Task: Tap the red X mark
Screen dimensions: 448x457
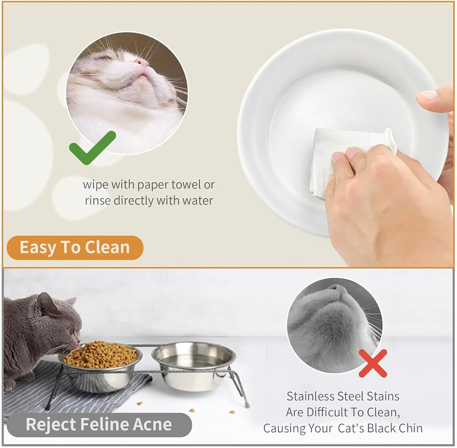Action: tap(373, 363)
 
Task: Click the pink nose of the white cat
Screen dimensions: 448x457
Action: tap(142, 62)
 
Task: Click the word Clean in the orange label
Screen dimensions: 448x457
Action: tap(107, 247)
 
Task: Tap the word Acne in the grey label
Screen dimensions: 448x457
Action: tap(154, 424)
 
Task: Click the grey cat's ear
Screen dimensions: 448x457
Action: tap(44, 302)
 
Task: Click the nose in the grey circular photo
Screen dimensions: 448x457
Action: tap(338, 289)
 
